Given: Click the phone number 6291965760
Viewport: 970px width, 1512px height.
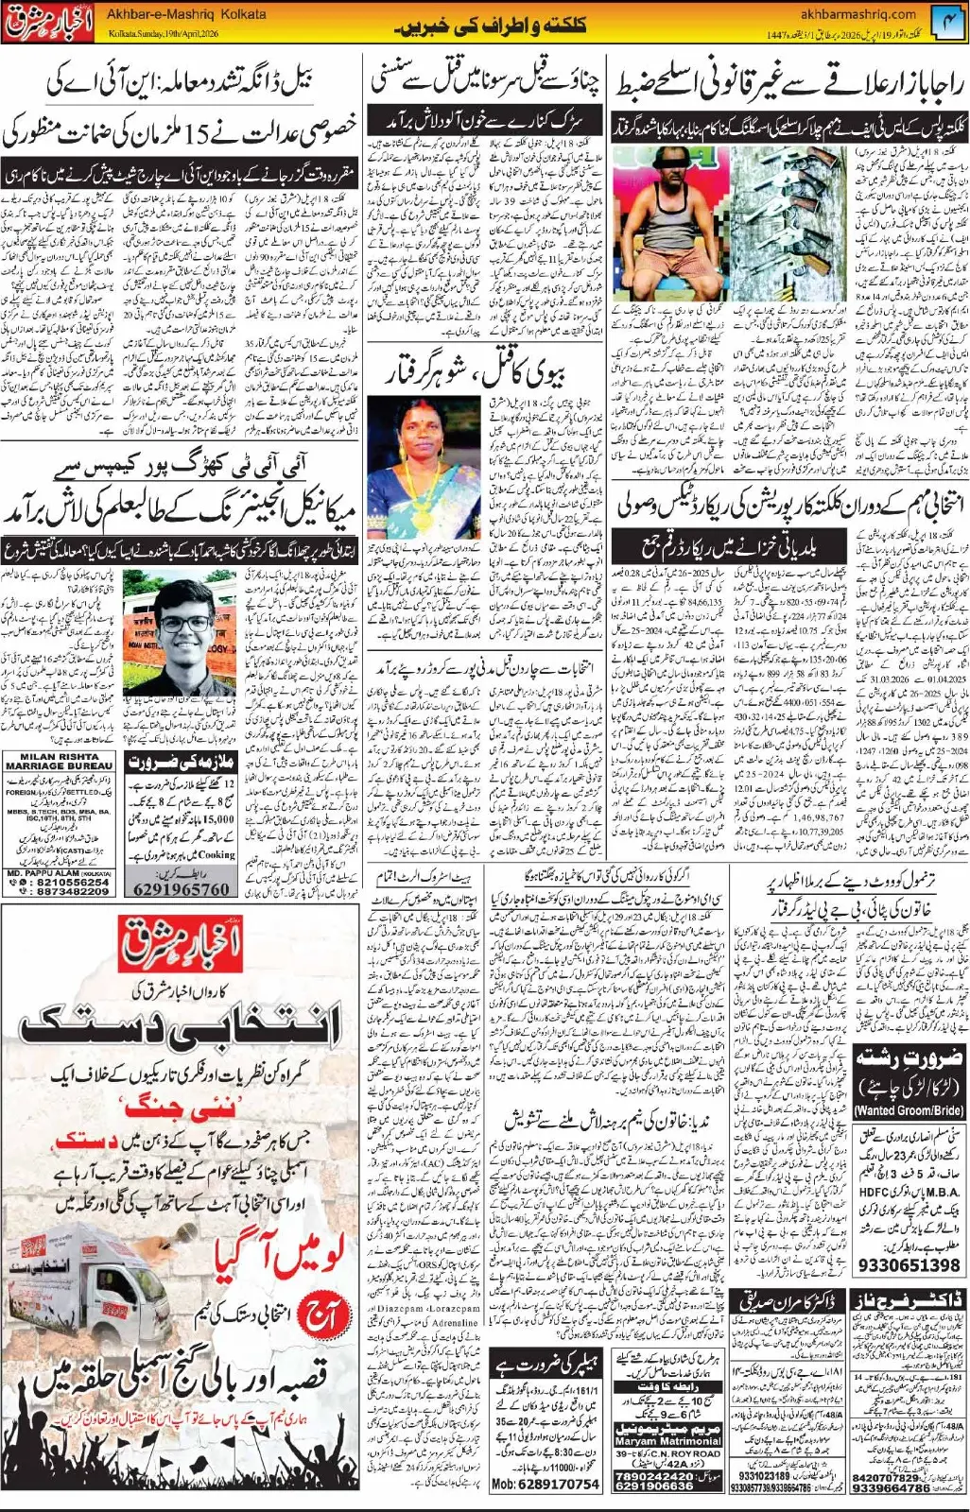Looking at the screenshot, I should (x=182, y=888).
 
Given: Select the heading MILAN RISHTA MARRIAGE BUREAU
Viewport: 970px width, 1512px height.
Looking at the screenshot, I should (x=60, y=762).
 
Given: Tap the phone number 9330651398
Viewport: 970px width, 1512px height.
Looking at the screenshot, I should (x=909, y=1264).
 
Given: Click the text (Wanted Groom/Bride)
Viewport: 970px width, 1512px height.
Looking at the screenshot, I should (x=909, y=1111).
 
